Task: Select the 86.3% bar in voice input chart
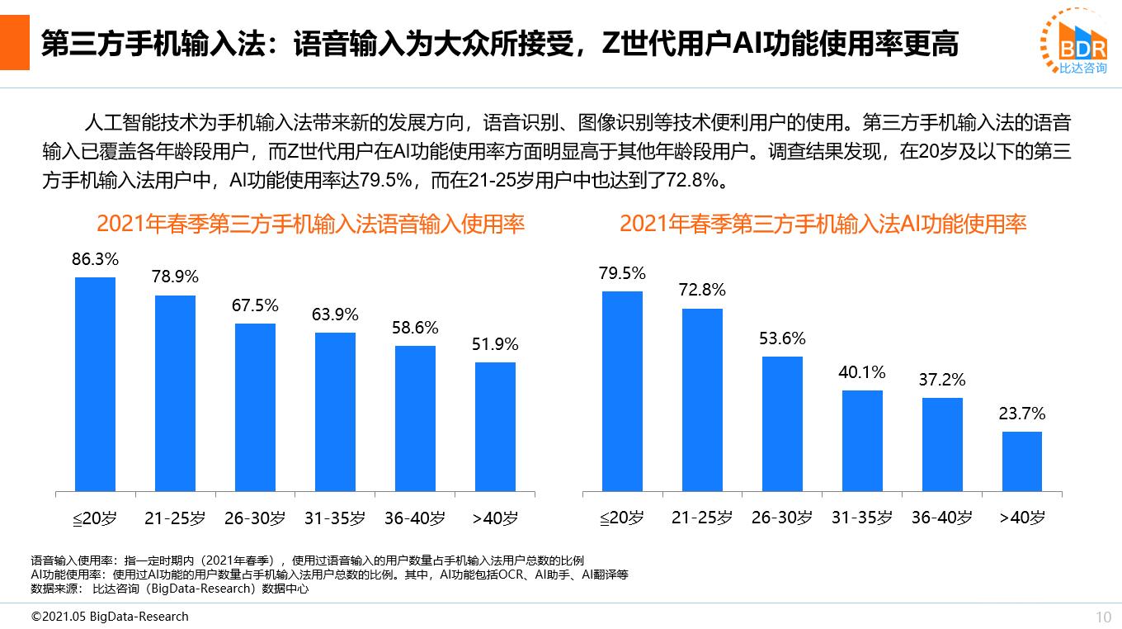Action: [95, 384]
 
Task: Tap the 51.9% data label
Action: [495, 345]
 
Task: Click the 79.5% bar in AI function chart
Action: [622, 391]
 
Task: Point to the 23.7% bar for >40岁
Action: [1021, 461]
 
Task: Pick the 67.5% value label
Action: [255, 306]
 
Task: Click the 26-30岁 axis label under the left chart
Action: [255, 518]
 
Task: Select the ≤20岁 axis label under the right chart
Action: [621, 518]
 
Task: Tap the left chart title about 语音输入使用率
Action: [310, 225]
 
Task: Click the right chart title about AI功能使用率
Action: [823, 225]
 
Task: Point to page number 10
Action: [1103, 617]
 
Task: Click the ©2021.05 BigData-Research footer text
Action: [110, 617]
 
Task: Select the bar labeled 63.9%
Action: [335, 412]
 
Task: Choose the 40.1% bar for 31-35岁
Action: [862, 441]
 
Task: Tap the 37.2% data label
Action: [941, 381]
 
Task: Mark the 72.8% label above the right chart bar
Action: [702, 290]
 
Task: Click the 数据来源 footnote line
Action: [169, 589]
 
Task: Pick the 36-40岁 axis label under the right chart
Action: [941, 518]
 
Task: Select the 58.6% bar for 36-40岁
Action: [415, 419]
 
